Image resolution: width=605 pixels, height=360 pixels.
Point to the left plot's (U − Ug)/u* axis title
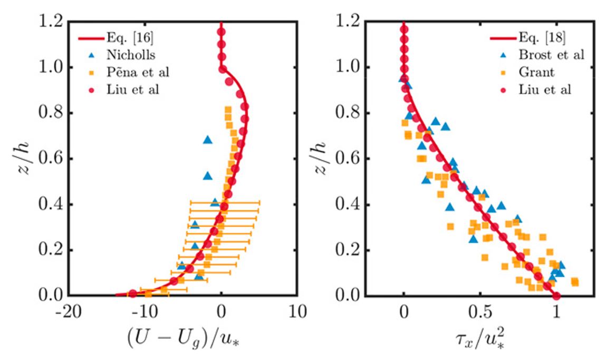pyautogui.click(x=182, y=337)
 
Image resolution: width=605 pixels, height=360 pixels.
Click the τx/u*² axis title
pyautogui.click(x=480, y=337)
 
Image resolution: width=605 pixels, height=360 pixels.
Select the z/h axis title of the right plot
pyautogui.click(x=323, y=158)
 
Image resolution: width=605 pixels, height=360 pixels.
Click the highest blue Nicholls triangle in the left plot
pyautogui.click(x=207, y=140)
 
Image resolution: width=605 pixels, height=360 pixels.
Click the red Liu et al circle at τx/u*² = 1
pyautogui.click(x=556, y=296)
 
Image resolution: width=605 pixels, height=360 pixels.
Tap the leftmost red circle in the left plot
pyautogui.click(x=133, y=294)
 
